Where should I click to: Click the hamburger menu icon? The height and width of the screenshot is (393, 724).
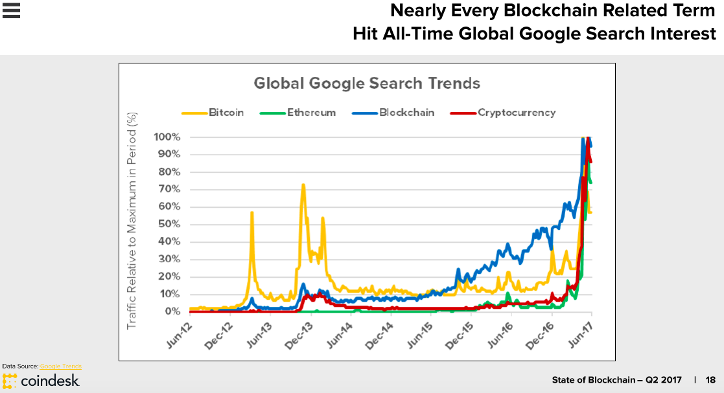click(12, 10)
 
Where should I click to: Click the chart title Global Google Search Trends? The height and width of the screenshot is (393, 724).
click(367, 84)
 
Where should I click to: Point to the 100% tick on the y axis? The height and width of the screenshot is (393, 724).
click(167, 137)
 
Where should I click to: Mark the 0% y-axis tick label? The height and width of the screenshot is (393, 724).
click(172, 311)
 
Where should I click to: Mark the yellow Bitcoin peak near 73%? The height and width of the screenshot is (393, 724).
click(303, 185)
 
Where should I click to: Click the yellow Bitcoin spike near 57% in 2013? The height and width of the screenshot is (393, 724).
click(251, 213)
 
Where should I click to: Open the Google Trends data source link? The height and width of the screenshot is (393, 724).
click(60, 366)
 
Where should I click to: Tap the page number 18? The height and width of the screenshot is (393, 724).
click(710, 380)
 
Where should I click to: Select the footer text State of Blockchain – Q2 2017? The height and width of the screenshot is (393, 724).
click(616, 380)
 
